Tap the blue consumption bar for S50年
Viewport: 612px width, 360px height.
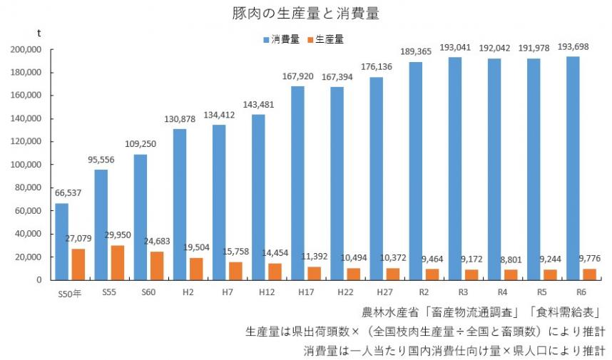coord(62,242)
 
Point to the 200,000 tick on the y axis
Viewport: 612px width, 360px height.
coord(27,50)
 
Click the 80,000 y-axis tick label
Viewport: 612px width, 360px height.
coord(29,187)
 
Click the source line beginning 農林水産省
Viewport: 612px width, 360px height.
coord(484,312)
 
